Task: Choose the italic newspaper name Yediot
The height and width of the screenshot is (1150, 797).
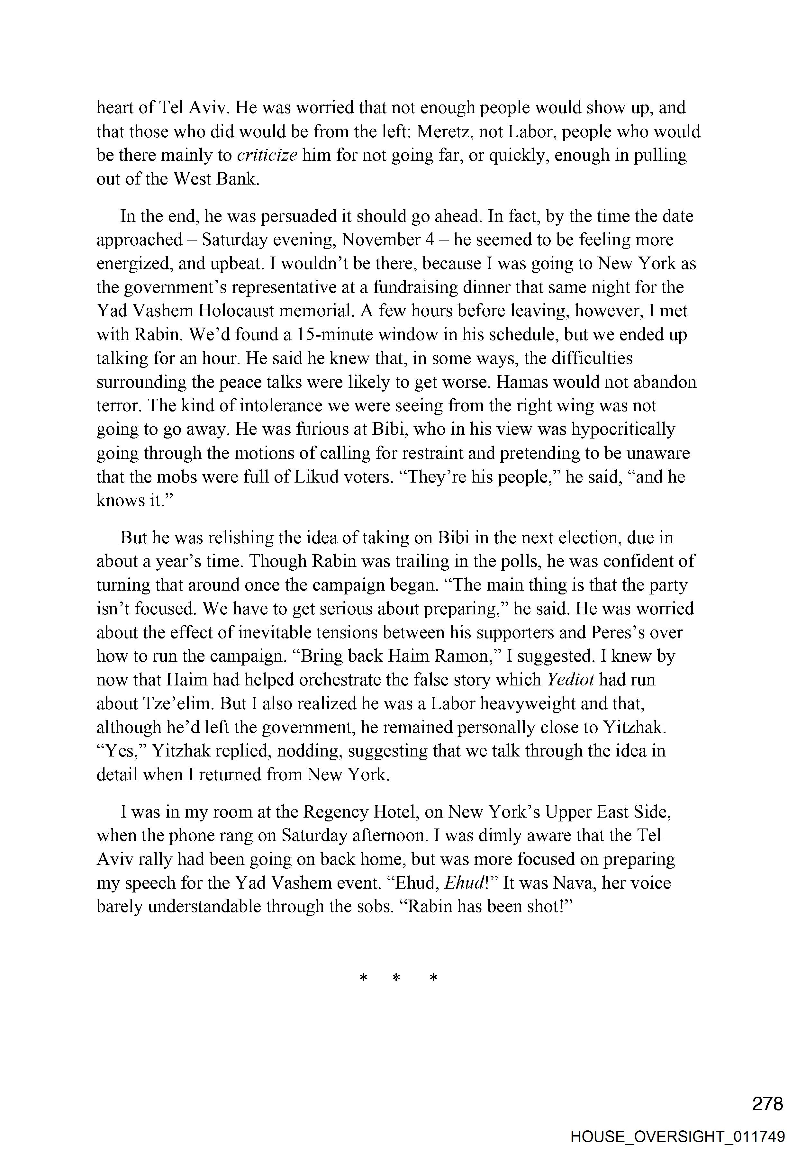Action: click(x=570, y=680)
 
